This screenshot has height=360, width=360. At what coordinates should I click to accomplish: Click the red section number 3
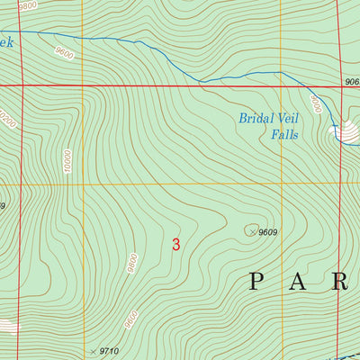175,244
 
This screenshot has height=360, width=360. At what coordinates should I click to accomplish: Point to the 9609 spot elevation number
267,232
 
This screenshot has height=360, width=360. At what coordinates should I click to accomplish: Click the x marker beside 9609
251,231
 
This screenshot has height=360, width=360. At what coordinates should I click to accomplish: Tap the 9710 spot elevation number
110,350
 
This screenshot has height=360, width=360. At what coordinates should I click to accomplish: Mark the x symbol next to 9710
94,349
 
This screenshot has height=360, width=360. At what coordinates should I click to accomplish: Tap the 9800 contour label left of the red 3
132,263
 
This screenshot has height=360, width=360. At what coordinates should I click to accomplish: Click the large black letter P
256,283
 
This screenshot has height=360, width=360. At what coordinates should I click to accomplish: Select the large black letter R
341,283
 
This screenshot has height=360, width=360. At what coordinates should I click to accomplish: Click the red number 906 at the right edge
351,82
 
